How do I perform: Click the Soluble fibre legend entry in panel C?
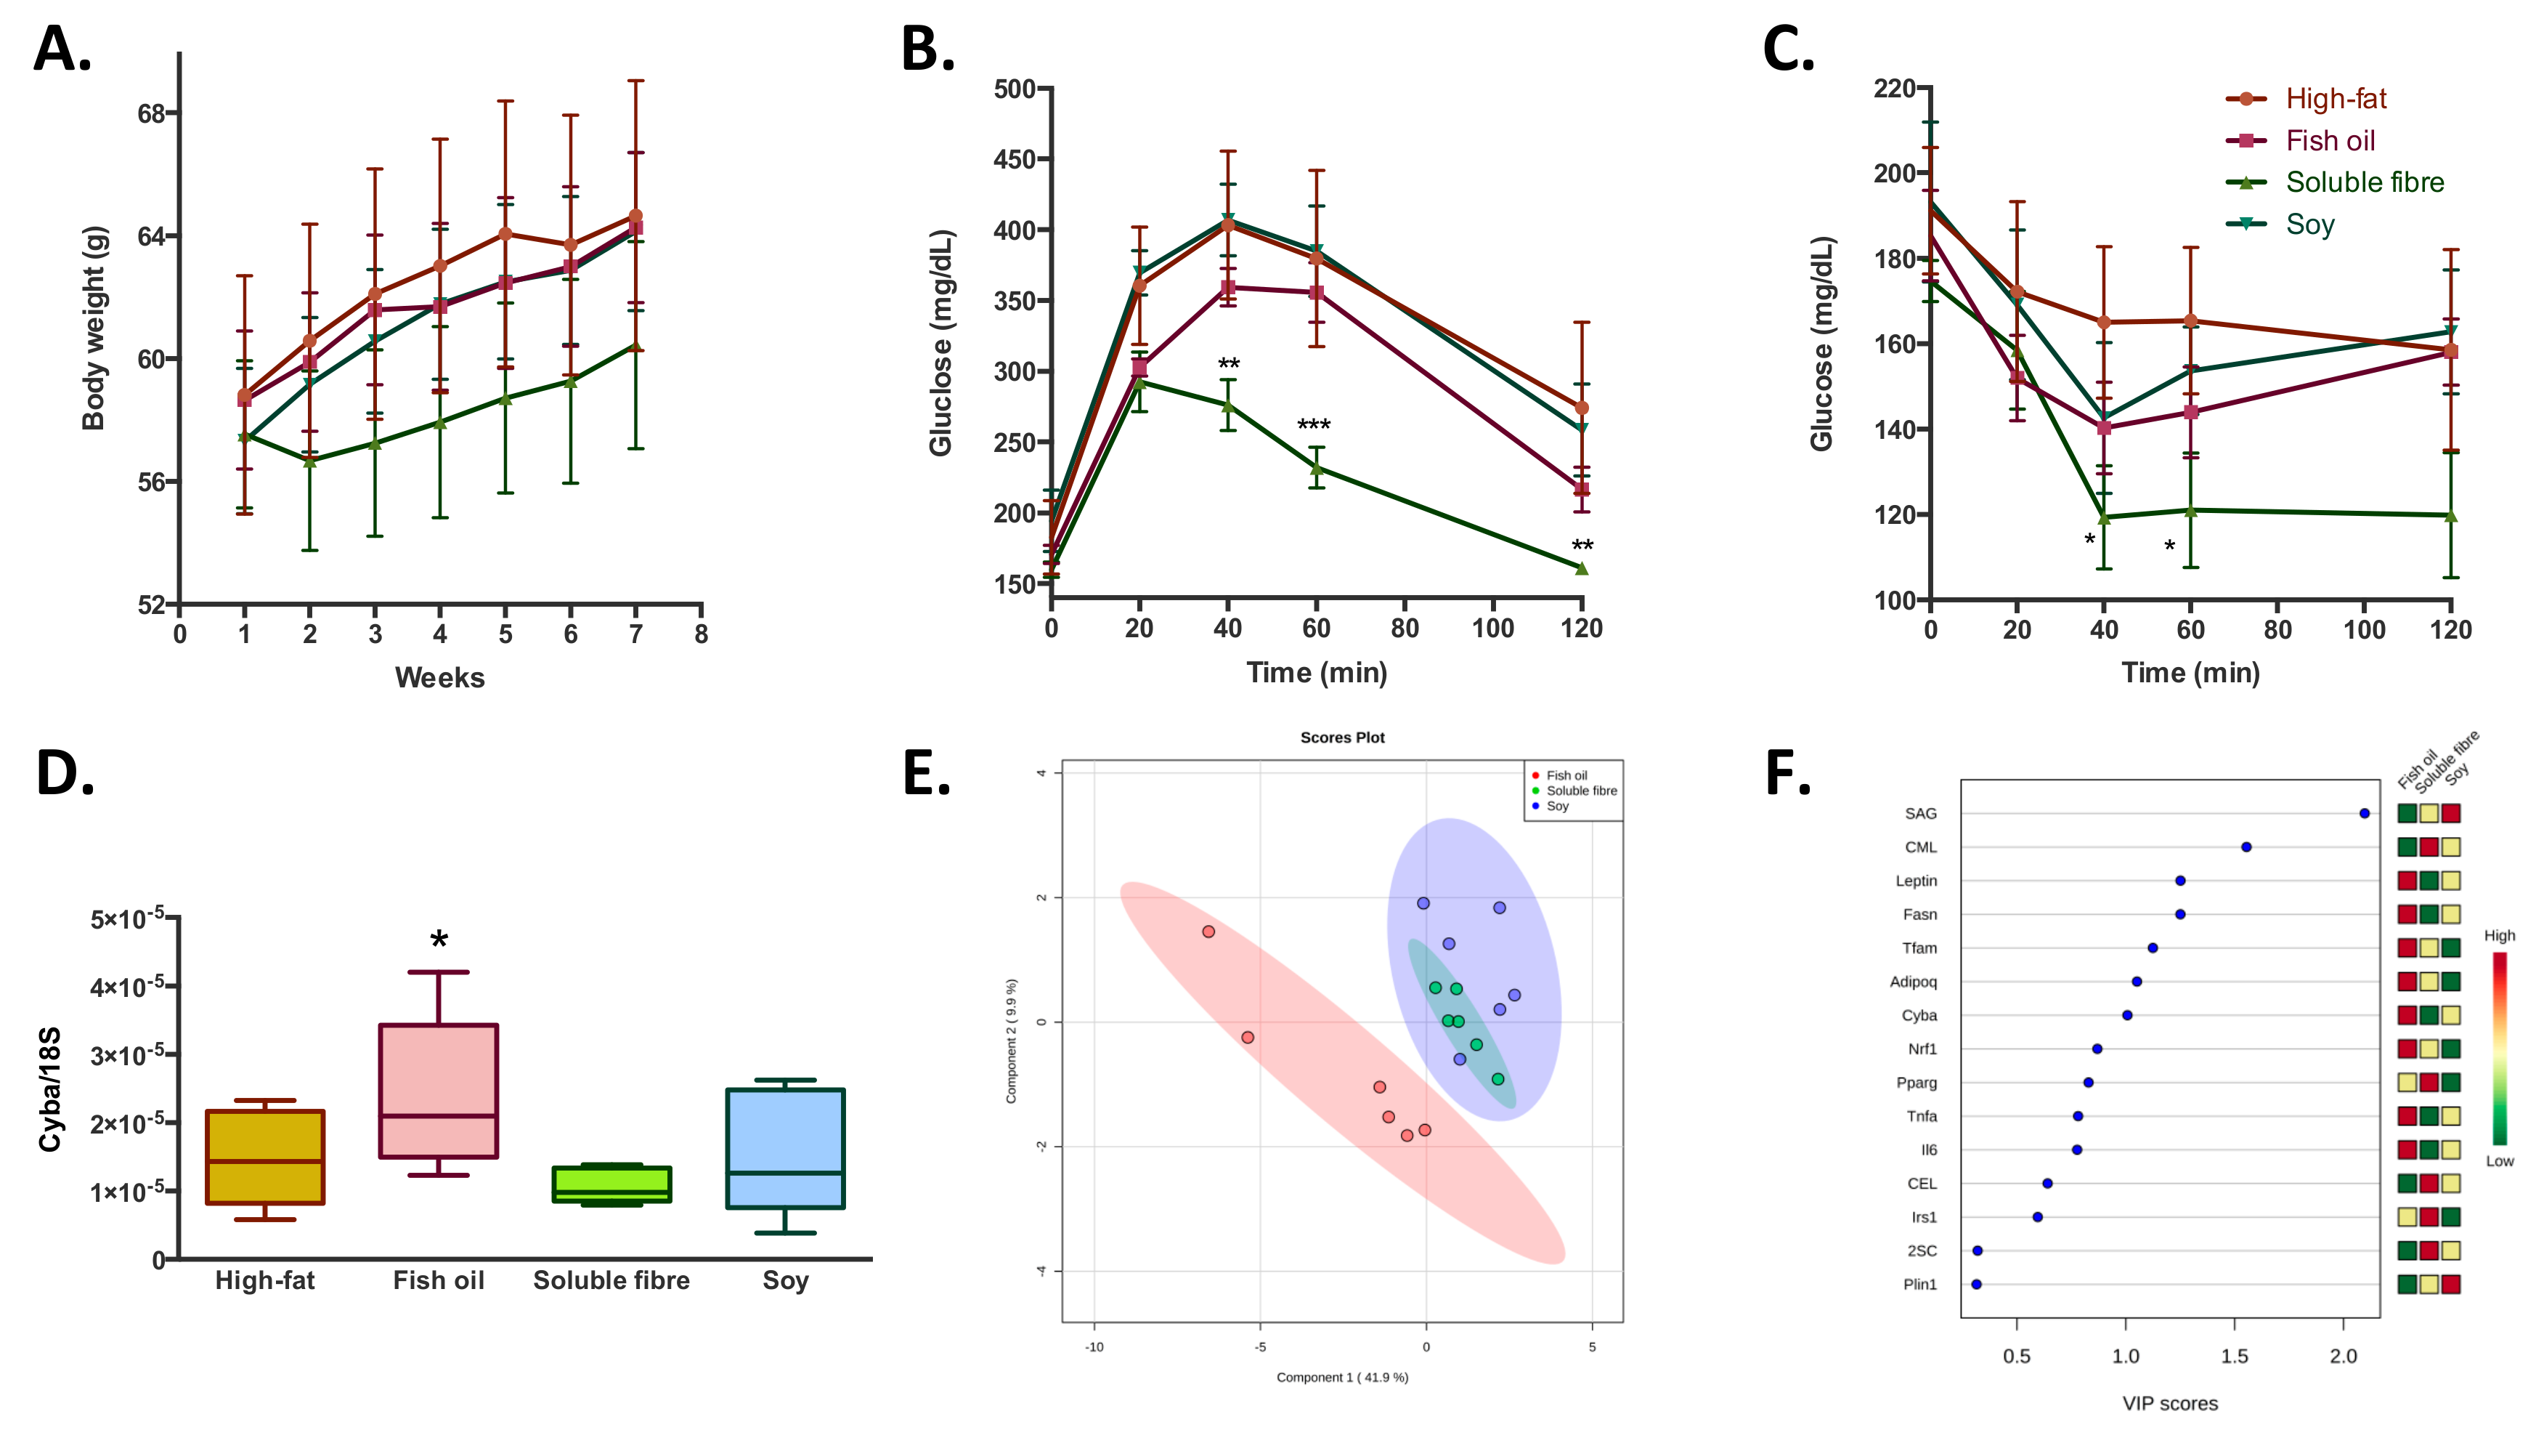tap(2362, 182)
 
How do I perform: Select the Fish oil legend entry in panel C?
tap(2329, 141)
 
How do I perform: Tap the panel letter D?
tap(64, 773)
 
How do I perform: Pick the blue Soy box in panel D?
tap(784, 1148)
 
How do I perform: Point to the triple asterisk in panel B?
tap(1313, 426)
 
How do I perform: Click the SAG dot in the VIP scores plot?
tap(2364, 814)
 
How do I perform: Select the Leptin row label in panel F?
tap(1916, 881)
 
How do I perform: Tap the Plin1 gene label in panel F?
tap(1919, 1284)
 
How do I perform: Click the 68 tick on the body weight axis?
tap(152, 114)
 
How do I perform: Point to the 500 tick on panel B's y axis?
tap(1014, 89)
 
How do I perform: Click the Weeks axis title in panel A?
tap(439, 677)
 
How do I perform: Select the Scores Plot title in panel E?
tap(1342, 738)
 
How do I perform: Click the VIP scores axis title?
tap(2170, 1403)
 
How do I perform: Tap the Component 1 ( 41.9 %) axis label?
tap(1342, 1377)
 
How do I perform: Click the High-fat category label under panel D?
tap(265, 1280)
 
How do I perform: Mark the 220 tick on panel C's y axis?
tap(1894, 89)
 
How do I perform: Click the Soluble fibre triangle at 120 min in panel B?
tap(1581, 568)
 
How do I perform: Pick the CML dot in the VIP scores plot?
tap(2246, 847)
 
